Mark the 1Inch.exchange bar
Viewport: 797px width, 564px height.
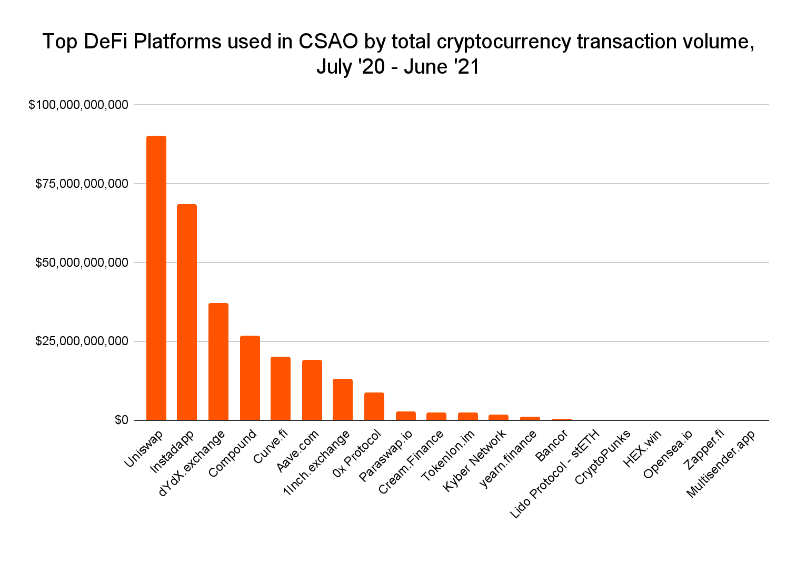point(343,399)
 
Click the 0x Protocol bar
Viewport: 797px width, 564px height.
point(374,406)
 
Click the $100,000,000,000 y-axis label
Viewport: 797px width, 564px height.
point(78,105)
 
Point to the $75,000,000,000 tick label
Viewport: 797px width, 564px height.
point(82,184)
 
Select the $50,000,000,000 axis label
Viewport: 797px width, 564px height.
point(82,263)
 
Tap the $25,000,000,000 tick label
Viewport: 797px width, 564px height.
point(82,341)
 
